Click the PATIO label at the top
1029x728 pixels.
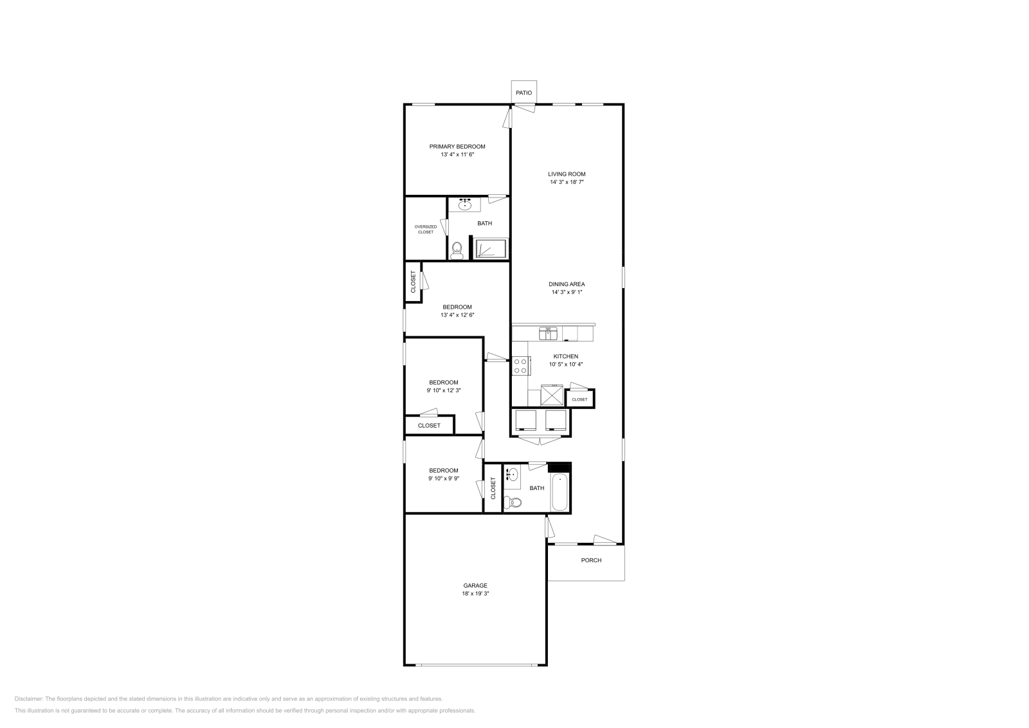pos(524,93)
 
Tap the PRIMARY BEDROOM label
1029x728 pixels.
pos(457,147)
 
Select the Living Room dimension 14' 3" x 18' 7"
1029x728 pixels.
pos(567,182)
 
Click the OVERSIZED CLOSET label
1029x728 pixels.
pos(425,229)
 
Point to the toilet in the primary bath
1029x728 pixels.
pos(457,251)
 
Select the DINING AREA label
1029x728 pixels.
pos(567,284)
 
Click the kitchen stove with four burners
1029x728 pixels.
pos(520,366)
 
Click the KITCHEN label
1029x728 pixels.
pos(566,356)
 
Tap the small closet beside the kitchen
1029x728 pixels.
pos(579,399)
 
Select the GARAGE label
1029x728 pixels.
pos(475,585)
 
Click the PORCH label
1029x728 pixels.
pos(591,560)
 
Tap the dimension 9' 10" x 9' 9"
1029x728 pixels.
pos(444,478)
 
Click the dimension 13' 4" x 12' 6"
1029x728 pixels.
pos(457,315)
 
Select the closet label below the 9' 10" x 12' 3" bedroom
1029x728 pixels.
pos(429,425)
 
